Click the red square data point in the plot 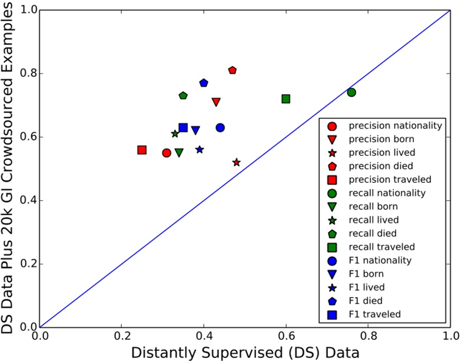click(142, 150)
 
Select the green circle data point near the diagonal click(351, 92)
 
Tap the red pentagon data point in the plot click(233, 70)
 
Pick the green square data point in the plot click(286, 99)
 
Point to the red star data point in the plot click(237, 162)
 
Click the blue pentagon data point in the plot click(204, 83)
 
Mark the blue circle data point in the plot click(220, 128)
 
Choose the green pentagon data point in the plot click(183, 95)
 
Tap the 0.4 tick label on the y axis click(26, 200)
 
